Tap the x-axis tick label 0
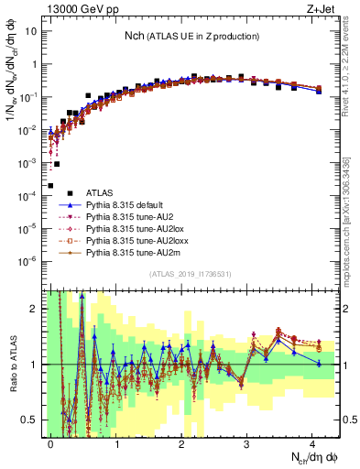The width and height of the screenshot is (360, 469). coord(51,443)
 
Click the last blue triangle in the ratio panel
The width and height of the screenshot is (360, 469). coord(319,364)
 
